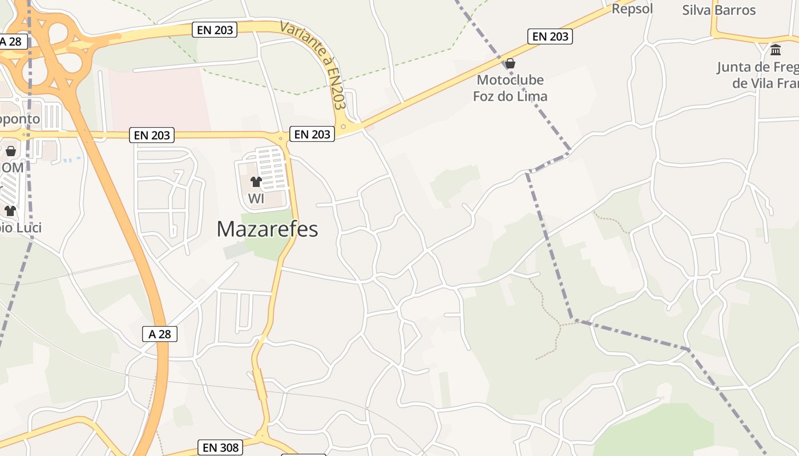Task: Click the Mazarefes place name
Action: [267, 229]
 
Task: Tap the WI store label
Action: [256, 199]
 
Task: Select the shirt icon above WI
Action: [256, 182]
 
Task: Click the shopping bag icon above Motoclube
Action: [510, 63]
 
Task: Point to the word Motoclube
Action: [510, 80]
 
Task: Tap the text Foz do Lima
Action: [510, 96]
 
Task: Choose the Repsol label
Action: [632, 9]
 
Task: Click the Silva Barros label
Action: [719, 10]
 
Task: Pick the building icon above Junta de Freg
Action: [776, 50]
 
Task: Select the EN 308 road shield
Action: [221, 447]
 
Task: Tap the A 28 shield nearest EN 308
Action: [160, 334]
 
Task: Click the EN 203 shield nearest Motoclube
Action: [550, 36]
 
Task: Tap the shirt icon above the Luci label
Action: [10, 211]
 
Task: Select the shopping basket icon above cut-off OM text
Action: [10, 151]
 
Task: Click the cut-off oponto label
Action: [20, 119]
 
